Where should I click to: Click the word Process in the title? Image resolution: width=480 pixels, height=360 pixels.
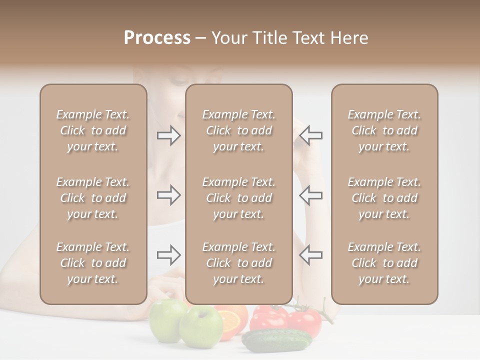click(x=157, y=38)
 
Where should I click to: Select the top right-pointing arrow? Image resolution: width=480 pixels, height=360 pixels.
click(x=168, y=135)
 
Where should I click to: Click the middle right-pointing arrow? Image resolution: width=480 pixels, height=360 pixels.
click(x=168, y=195)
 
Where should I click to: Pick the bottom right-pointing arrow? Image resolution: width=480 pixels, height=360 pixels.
click(x=168, y=255)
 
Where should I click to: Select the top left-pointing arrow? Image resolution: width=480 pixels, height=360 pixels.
click(x=310, y=135)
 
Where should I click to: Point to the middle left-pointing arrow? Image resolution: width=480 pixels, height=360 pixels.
click(x=310, y=195)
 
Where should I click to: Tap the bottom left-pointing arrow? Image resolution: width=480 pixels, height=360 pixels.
click(x=310, y=255)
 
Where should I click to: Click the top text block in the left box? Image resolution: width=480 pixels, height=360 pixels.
click(x=93, y=130)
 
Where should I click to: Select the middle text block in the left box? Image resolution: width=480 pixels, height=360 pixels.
click(x=93, y=198)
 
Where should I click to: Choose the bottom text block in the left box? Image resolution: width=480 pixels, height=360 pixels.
click(x=93, y=263)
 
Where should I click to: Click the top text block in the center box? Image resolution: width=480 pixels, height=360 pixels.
click(x=238, y=130)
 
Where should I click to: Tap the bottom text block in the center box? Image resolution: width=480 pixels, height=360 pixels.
click(x=238, y=263)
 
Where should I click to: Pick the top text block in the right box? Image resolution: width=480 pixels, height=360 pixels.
click(x=384, y=130)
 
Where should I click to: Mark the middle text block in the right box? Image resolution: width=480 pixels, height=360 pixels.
click(x=384, y=198)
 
